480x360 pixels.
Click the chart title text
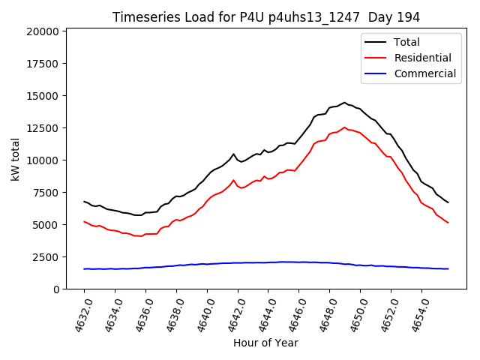266,17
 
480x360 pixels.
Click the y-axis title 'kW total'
16,159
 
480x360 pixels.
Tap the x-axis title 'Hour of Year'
265,343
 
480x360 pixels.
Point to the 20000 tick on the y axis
42,31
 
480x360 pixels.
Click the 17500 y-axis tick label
42,64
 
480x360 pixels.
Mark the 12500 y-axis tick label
42,128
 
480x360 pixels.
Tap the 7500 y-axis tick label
45,193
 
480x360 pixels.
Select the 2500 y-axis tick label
45,257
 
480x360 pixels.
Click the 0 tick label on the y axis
56,289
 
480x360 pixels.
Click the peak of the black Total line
345,103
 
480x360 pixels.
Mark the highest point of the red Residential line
345,127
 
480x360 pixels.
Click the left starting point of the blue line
84,268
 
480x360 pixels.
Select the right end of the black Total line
448,202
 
